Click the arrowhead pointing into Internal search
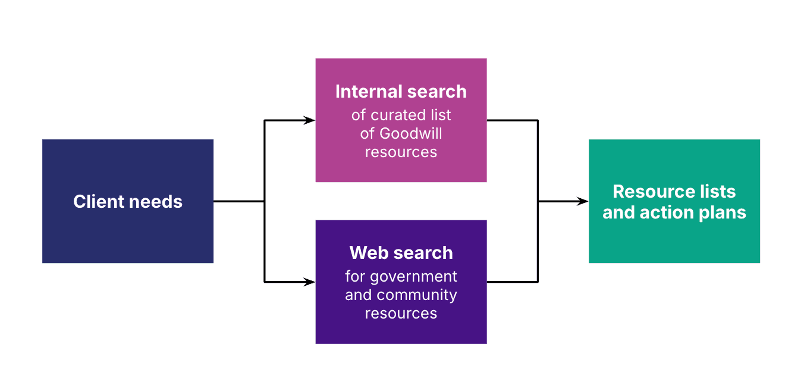tap(310, 120)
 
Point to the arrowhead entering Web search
tap(310, 282)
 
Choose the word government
tap(413, 277)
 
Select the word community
tap(417, 295)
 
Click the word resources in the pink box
tap(401, 152)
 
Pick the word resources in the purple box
tap(401, 313)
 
